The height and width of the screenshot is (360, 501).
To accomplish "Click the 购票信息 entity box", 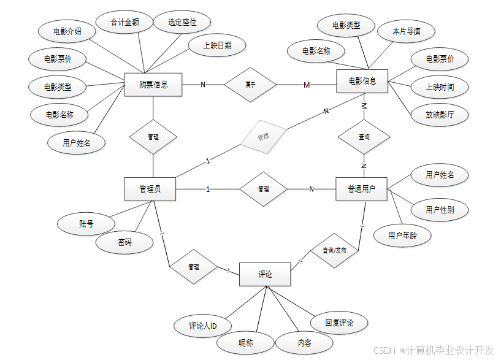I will click(x=153, y=85).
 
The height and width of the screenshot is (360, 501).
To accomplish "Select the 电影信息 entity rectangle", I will click(x=362, y=81).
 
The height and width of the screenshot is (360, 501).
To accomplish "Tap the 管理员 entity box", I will click(x=150, y=189).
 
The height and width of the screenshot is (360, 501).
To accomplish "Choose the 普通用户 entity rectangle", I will click(x=362, y=189).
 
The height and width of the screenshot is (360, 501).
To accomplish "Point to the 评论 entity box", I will click(x=265, y=274).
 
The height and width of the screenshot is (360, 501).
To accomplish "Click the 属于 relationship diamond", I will click(x=250, y=85).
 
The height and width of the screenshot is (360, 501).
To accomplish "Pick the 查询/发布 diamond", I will click(x=334, y=250).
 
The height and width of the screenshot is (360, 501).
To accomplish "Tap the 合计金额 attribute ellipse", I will click(x=124, y=23).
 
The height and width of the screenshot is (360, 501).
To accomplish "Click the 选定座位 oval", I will click(x=183, y=23).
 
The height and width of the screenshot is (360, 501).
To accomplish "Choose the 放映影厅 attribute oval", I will click(x=439, y=114).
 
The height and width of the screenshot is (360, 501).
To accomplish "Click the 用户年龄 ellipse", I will click(x=402, y=235).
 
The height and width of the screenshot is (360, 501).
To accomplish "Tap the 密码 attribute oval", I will click(x=124, y=242).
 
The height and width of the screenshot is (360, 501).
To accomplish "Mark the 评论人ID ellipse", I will click(x=203, y=326).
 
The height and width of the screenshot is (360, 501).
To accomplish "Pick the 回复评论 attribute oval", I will click(x=339, y=323).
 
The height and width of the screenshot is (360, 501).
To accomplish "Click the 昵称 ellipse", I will click(x=246, y=343).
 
